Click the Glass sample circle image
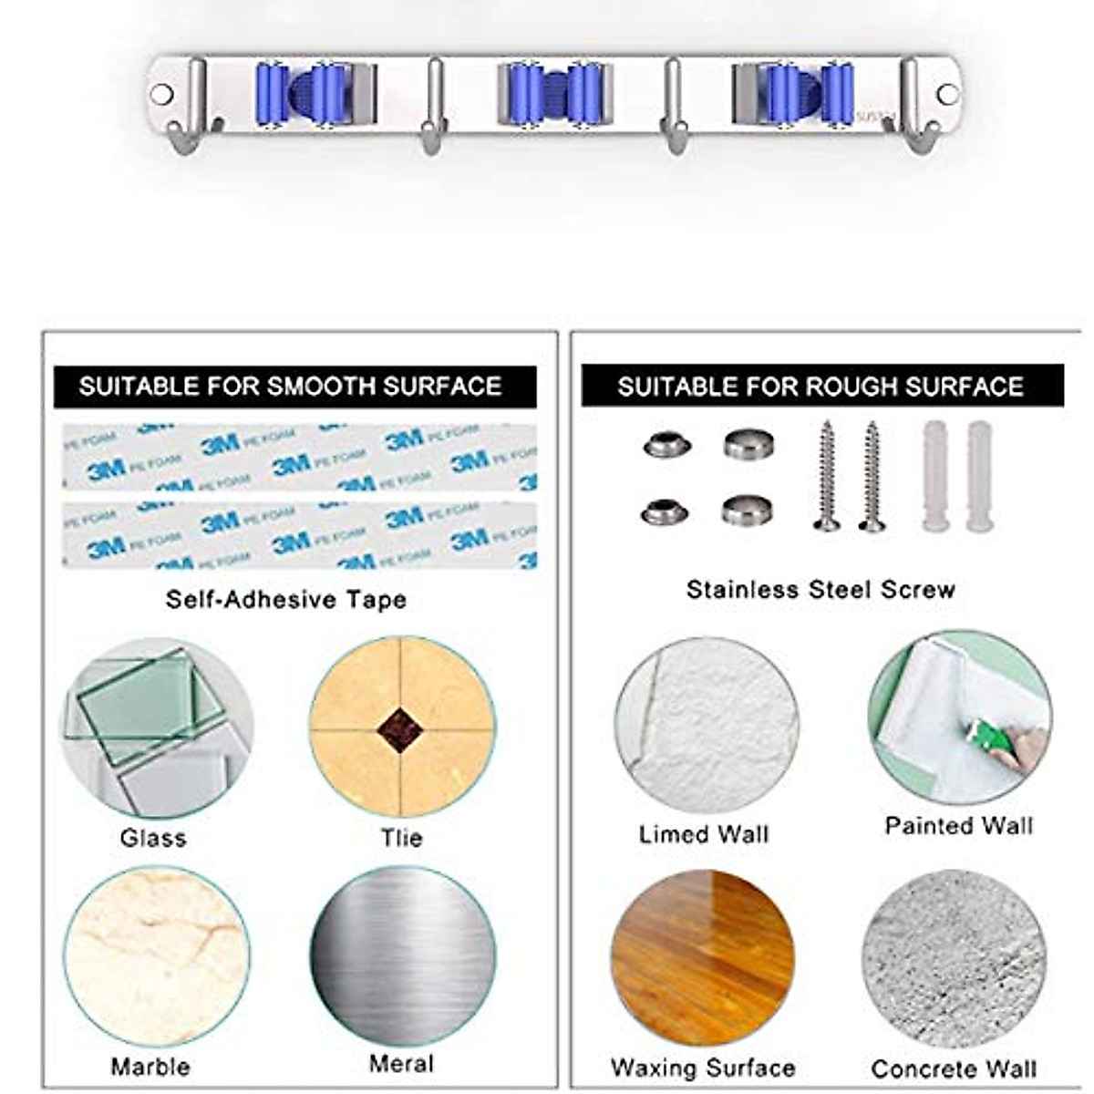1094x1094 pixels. pyautogui.click(x=156, y=727)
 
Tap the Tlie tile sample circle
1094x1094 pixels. pyautogui.click(x=402, y=727)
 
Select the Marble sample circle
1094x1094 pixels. pyautogui.click(x=156, y=957)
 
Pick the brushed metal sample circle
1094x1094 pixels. pyautogui.click(x=402, y=957)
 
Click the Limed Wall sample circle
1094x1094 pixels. pyautogui.click(x=707, y=727)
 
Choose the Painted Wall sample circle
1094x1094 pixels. pyautogui.click(x=959, y=717)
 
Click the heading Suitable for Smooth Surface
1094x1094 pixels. pyautogui.click(x=291, y=387)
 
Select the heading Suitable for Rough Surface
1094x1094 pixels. pyautogui.click(x=820, y=387)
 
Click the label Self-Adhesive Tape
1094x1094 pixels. pyautogui.click(x=286, y=600)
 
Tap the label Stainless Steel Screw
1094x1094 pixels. pyautogui.click(x=820, y=590)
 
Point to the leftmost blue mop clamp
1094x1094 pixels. pyautogui.click(x=313, y=94)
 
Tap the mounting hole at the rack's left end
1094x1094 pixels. pyautogui.click(x=161, y=94)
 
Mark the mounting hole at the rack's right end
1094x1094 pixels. pyautogui.click(x=947, y=94)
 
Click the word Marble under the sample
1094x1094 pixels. pyautogui.click(x=150, y=1067)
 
